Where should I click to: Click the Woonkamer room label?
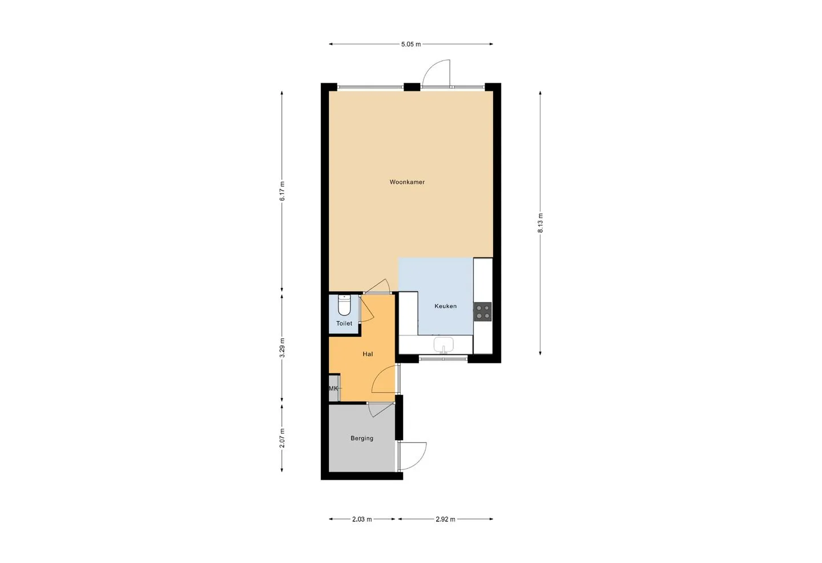[407, 182]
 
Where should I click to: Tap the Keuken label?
[445, 306]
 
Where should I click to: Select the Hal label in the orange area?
[368, 354]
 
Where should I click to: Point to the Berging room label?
[362, 438]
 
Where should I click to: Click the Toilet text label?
[344, 323]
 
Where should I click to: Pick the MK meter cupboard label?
[333, 388]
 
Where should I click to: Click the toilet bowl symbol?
[344, 305]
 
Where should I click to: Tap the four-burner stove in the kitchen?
[482, 312]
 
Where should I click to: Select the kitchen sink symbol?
[444, 345]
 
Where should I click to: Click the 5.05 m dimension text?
[411, 44]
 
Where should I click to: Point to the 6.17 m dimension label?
[282, 191]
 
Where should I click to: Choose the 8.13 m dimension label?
[540, 223]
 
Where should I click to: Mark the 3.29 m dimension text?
[282, 348]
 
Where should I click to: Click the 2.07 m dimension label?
[282, 438]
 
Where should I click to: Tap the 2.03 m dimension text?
[362, 519]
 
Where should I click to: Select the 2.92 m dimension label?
[445, 519]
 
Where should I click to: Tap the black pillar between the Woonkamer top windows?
[412, 87]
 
